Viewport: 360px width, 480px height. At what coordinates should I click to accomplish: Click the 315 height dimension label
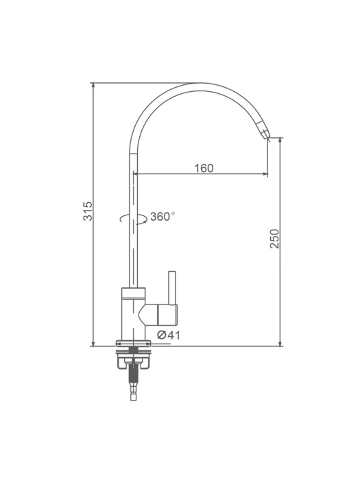point(88,211)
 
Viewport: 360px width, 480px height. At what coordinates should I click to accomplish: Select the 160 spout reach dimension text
point(204,168)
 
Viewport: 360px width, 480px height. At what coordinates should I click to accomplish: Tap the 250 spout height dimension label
point(274,239)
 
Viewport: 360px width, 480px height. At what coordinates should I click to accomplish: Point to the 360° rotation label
point(163,217)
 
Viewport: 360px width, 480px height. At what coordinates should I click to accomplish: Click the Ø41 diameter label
point(169,335)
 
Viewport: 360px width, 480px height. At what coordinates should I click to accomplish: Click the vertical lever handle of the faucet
point(172,288)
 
